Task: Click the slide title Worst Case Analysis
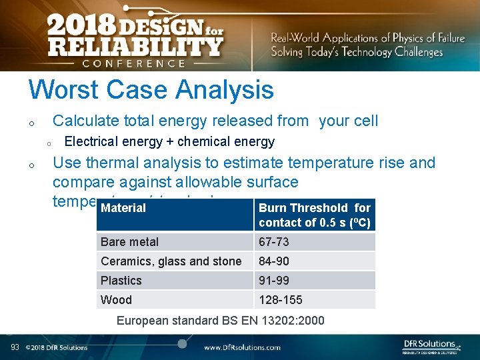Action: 151,89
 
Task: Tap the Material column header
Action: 123,208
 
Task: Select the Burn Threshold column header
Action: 314,215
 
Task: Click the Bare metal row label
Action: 130,242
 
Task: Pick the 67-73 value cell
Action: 274,242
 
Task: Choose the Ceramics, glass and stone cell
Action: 171,261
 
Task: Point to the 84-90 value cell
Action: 274,261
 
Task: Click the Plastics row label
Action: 121,281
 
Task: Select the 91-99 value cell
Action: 274,281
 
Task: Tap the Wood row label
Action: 117,300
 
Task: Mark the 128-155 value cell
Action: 280,300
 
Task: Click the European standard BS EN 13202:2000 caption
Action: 221,321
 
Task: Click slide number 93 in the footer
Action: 15,347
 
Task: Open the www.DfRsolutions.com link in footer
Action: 242,347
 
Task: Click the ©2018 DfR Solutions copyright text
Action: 57,347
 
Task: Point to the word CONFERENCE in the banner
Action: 133,63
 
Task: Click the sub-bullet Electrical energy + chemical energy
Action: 169,141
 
